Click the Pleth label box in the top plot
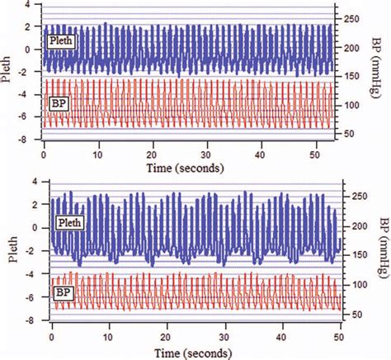[x=61, y=40]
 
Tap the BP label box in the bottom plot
[x=64, y=292]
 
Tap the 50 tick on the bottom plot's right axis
[x=351, y=315]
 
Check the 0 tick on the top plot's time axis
[x=44, y=154]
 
